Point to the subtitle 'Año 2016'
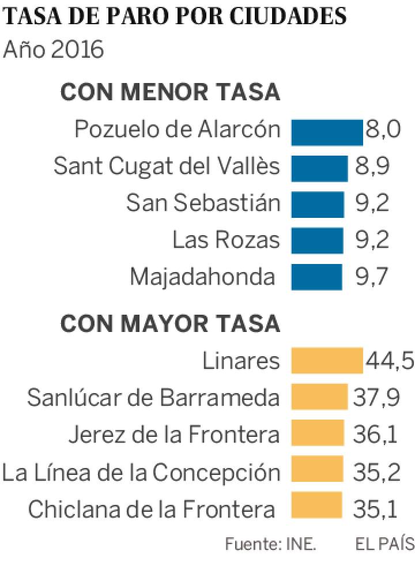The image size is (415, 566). pos(53,50)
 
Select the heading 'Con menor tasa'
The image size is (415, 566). pos(170,92)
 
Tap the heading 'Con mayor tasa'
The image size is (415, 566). pos(170,323)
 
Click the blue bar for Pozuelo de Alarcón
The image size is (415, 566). pos(327,132)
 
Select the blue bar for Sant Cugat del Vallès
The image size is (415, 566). pos(319,168)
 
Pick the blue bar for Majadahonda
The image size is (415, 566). pos(316,277)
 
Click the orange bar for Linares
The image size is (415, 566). pos(327,361)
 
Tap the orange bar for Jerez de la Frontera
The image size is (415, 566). pos(318,434)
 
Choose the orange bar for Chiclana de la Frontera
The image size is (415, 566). pos(316,507)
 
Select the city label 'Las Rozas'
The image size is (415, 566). pos(226,240)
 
